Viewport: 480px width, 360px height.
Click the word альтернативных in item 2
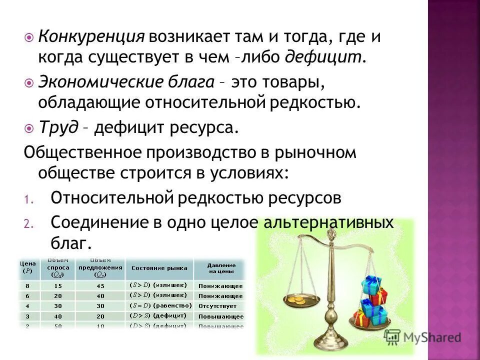tap(329, 222)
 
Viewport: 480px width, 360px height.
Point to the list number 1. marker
tap(28, 199)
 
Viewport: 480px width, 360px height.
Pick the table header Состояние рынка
tap(159, 268)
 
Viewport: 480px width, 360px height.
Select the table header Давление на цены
tap(219, 268)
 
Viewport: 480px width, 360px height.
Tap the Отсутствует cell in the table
tap(217, 305)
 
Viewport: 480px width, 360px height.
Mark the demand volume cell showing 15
tap(59, 286)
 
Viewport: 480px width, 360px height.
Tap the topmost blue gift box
tap(371, 284)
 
